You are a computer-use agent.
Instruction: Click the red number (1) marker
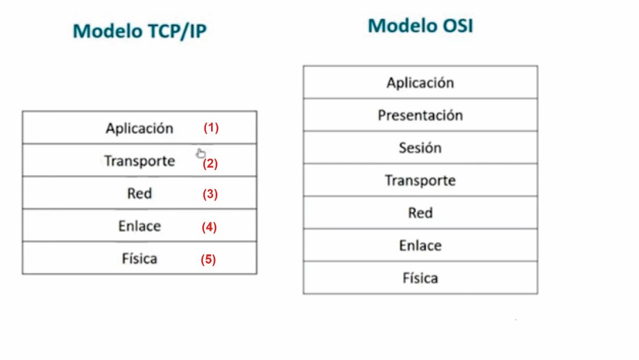[x=211, y=128]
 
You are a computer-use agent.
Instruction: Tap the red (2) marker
[x=210, y=164]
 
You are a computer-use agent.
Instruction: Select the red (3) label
[x=210, y=194]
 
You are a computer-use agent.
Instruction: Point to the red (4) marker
[x=210, y=227]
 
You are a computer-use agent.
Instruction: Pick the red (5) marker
[x=208, y=260]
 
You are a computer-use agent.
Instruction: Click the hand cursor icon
[x=200, y=153]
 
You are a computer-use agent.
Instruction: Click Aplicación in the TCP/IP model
[x=140, y=128]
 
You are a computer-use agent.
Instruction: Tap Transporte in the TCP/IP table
[x=140, y=161]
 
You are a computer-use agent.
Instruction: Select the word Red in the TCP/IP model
[x=140, y=194]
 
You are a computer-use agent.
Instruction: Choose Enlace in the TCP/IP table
[x=140, y=226]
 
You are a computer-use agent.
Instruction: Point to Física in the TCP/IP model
[x=140, y=259]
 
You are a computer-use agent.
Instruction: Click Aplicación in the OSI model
[x=421, y=83]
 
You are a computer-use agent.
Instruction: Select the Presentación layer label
[x=421, y=115]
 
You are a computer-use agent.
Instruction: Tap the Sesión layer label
[x=421, y=148]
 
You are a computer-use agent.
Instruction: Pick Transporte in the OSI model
[x=421, y=181]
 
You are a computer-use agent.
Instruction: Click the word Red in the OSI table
[x=421, y=213]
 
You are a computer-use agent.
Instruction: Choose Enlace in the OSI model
[x=421, y=246]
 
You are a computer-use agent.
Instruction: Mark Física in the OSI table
[x=421, y=278]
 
